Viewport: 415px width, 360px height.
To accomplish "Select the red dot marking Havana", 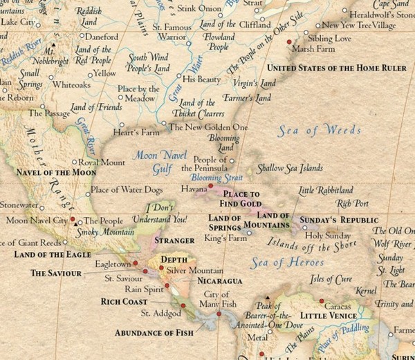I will click(211, 187).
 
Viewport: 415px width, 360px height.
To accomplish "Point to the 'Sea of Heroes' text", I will click(288, 262).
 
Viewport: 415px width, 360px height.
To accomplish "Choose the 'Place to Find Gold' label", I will click(241, 199).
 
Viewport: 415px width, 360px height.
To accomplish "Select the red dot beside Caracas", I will click(322, 301).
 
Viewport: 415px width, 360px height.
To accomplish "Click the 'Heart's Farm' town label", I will click(136, 131).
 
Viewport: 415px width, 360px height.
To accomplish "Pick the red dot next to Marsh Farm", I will click(289, 42).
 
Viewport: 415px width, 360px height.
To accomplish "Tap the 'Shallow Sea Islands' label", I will click(290, 168).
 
